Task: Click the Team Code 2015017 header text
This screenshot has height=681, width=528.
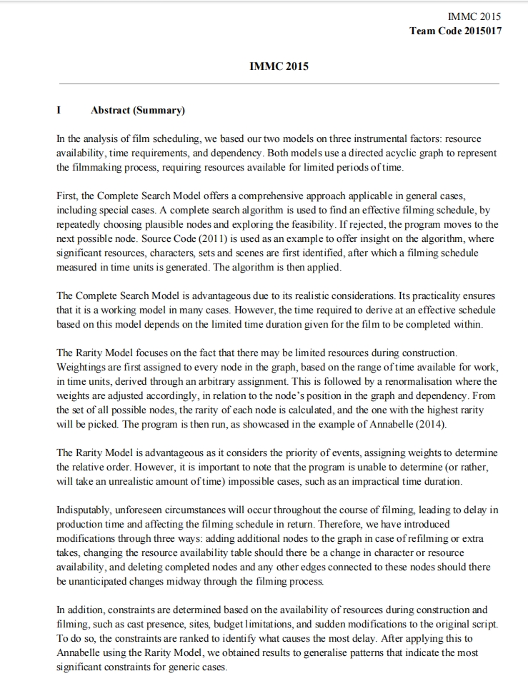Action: [455, 31]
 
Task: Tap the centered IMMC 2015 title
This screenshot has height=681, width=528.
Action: [279, 66]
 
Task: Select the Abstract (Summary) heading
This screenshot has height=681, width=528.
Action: [138, 111]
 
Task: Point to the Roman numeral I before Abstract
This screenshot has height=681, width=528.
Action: [59, 111]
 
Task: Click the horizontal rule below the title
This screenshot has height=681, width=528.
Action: [279, 84]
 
